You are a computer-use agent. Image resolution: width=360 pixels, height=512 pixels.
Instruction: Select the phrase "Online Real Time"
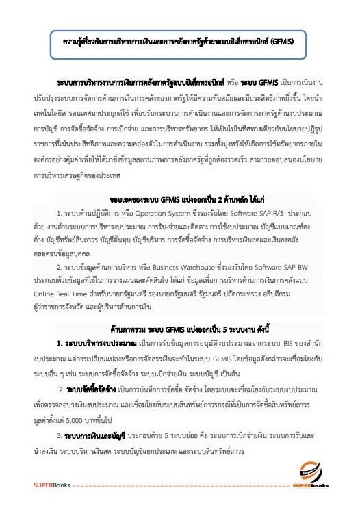(x=61, y=290)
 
